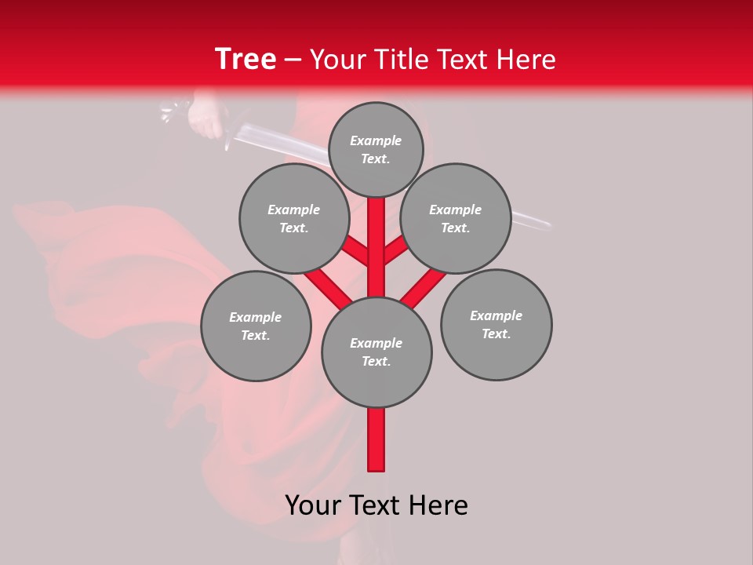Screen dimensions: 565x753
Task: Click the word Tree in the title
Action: (x=246, y=60)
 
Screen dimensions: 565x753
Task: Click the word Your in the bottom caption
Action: (x=313, y=505)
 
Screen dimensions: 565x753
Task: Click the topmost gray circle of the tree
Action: (x=376, y=149)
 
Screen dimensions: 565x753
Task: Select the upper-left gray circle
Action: (x=294, y=218)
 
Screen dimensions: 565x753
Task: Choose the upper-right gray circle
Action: (x=456, y=218)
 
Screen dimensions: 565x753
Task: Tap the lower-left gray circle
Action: (x=256, y=326)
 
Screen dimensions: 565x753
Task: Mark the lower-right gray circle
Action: (x=497, y=324)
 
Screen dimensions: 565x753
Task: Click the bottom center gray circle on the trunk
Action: (x=376, y=352)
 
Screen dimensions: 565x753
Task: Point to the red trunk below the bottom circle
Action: (x=376, y=439)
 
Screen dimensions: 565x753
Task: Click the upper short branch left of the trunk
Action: (x=358, y=251)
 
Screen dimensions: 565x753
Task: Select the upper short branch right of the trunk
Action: (x=395, y=251)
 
